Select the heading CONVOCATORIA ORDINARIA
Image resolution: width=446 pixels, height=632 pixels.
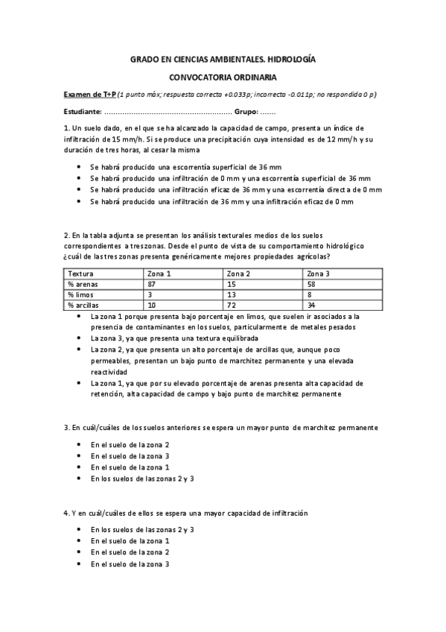[223, 77]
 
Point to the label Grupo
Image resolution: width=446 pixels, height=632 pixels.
[246, 112]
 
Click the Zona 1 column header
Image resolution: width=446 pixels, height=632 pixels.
[160, 274]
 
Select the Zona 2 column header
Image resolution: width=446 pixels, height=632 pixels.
[238, 274]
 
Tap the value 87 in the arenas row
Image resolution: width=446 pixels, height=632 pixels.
[152, 284]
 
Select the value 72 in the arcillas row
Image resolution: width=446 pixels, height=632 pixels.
[231, 305]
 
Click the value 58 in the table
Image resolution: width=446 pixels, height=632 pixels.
[311, 284]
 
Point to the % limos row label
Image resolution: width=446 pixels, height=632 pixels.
[82, 294]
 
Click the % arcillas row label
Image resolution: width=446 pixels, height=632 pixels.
[84, 305]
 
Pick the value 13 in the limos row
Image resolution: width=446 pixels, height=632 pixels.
[231, 294]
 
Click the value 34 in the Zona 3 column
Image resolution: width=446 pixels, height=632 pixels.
[311, 305]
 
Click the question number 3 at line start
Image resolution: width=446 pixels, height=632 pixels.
[66, 428]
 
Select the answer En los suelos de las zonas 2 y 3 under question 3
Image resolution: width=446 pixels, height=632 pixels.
[142, 478]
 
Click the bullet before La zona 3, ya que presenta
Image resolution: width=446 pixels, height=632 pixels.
[80, 338]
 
